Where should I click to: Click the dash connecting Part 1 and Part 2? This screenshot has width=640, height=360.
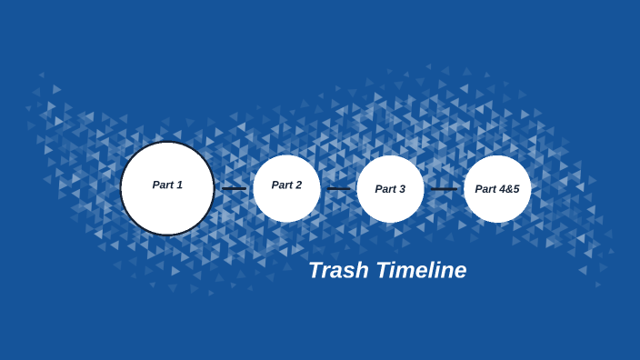click(234, 189)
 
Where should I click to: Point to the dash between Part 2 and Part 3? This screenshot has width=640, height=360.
click(338, 189)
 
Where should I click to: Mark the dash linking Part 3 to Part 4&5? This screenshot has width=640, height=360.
click(444, 189)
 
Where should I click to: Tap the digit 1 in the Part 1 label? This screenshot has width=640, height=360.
click(179, 185)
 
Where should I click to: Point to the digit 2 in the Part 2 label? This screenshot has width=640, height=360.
click(298, 185)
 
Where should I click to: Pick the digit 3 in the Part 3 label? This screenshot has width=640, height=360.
click(402, 189)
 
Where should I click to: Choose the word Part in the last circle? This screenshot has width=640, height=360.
click(485, 189)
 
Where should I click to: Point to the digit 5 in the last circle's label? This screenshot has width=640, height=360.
click(515, 189)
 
